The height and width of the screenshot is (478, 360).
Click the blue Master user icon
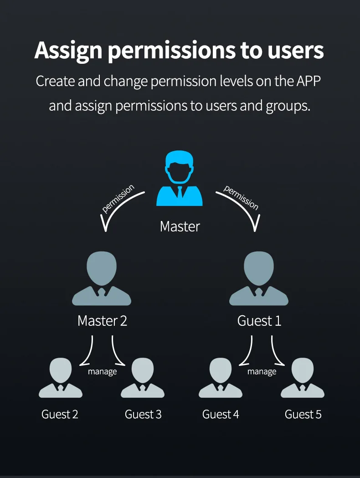point(180,179)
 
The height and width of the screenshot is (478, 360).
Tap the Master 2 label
point(102,321)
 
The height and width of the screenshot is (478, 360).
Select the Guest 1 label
point(259,321)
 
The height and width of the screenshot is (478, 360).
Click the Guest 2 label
point(60,414)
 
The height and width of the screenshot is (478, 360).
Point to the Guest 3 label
point(143,414)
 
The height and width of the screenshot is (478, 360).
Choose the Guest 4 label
point(221,414)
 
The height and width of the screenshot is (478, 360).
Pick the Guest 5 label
point(303,414)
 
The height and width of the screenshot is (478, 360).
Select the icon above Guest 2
point(61,378)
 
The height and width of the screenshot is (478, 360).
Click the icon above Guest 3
point(143,378)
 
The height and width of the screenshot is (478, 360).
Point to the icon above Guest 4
point(221,378)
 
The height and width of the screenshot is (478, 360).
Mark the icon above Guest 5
point(303,378)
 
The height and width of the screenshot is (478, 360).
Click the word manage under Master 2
point(103,371)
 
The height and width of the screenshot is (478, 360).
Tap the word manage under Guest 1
point(262,371)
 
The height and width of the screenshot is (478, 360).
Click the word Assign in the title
point(68,51)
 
